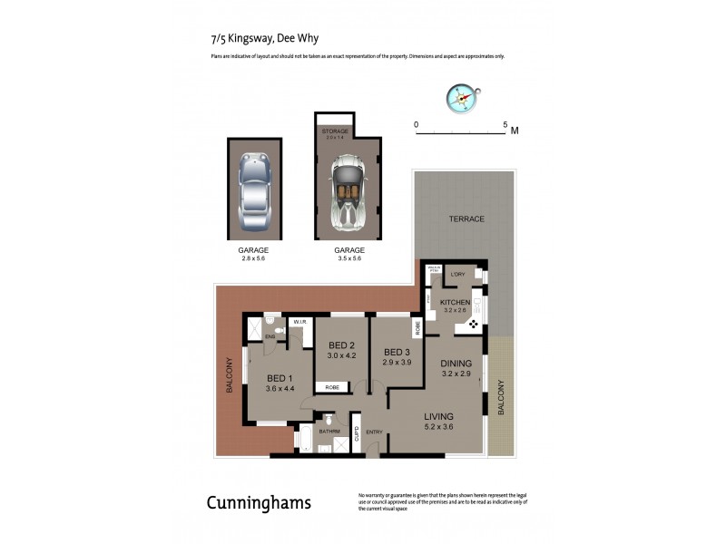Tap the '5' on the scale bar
[505, 122]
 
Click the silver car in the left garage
[255, 191]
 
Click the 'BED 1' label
[279, 378]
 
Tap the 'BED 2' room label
[340, 346]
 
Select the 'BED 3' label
[397, 352]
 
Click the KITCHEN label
[455, 302]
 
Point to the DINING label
[456, 364]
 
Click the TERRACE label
[465, 219]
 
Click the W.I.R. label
[298, 322]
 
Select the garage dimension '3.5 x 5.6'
[349, 258]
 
